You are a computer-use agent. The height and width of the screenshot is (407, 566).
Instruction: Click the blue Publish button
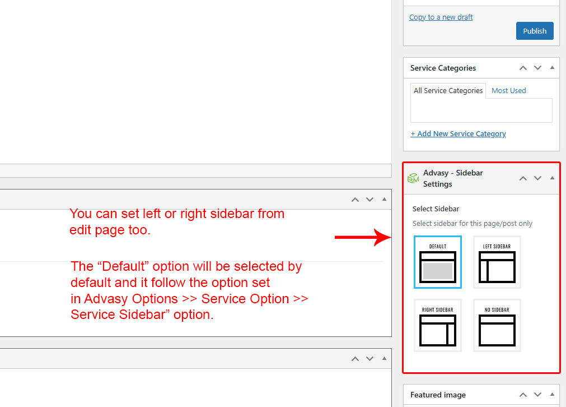535,31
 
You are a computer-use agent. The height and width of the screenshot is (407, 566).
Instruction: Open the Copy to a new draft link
441,17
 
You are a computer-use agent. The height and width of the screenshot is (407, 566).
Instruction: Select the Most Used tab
508,90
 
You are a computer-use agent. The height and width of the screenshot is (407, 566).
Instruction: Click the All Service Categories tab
448,90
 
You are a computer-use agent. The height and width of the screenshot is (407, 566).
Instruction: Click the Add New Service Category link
458,134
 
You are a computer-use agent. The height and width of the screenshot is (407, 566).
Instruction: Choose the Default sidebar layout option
437,262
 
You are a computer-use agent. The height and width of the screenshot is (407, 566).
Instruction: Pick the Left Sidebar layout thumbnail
497,262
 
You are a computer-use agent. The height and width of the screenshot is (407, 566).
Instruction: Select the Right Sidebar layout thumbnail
437,325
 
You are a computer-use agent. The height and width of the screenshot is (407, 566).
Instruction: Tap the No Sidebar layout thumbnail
497,325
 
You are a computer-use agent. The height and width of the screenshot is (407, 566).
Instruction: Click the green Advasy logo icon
413,178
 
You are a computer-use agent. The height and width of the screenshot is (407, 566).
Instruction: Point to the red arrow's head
391,237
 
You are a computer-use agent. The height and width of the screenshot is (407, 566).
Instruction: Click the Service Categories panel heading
443,68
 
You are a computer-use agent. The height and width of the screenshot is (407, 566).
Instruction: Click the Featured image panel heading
438,395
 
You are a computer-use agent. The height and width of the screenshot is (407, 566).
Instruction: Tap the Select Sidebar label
436,209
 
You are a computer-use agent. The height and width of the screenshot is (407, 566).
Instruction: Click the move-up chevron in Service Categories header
523,68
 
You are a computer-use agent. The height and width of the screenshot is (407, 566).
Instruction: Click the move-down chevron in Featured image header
537,395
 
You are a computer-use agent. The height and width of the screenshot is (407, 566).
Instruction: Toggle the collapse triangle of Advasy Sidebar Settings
552,178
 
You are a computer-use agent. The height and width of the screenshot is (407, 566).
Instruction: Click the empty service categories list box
481,110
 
